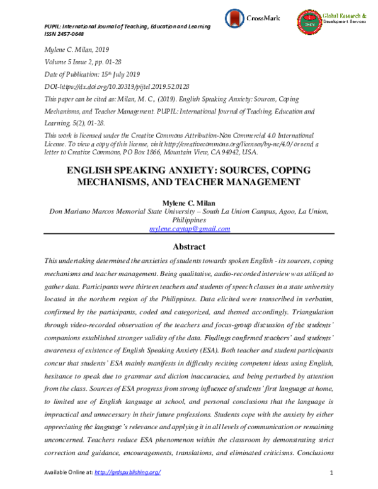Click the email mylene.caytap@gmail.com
pyautogui.click(x=189, y=229)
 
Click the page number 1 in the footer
pyautogui.click(x=331, y=473)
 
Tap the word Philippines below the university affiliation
pyautogui.click(x=189, y=220)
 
